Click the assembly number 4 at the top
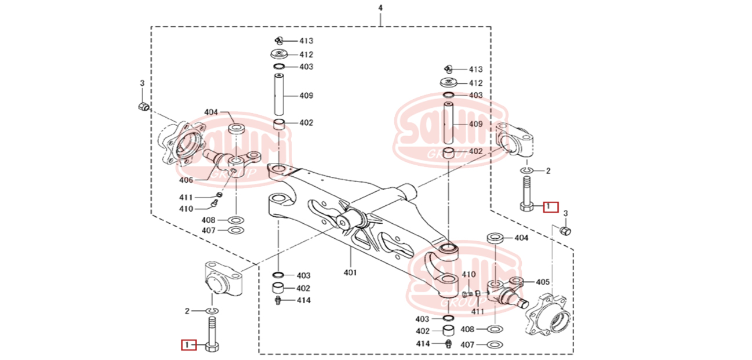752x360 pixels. (x=380, y=8)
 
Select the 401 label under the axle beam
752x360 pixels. (x=350, y=272)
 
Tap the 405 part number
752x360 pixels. (x=543, y=282)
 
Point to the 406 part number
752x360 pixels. (x=186, y=180)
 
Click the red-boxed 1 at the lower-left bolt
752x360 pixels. (x=187, y=346)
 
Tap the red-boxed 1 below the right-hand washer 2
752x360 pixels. (x=550, y=206)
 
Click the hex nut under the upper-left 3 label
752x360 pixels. (x=143, y=107)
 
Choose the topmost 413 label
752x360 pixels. (x=306, y=41)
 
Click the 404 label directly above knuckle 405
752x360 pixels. (x=521, y=238)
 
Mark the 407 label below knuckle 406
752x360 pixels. (x=209, y=231)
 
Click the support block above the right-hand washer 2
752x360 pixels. (x=518, y=140)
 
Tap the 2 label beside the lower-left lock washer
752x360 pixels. (x=187, y=311)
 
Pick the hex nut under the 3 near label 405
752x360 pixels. (x=566, y=231)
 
